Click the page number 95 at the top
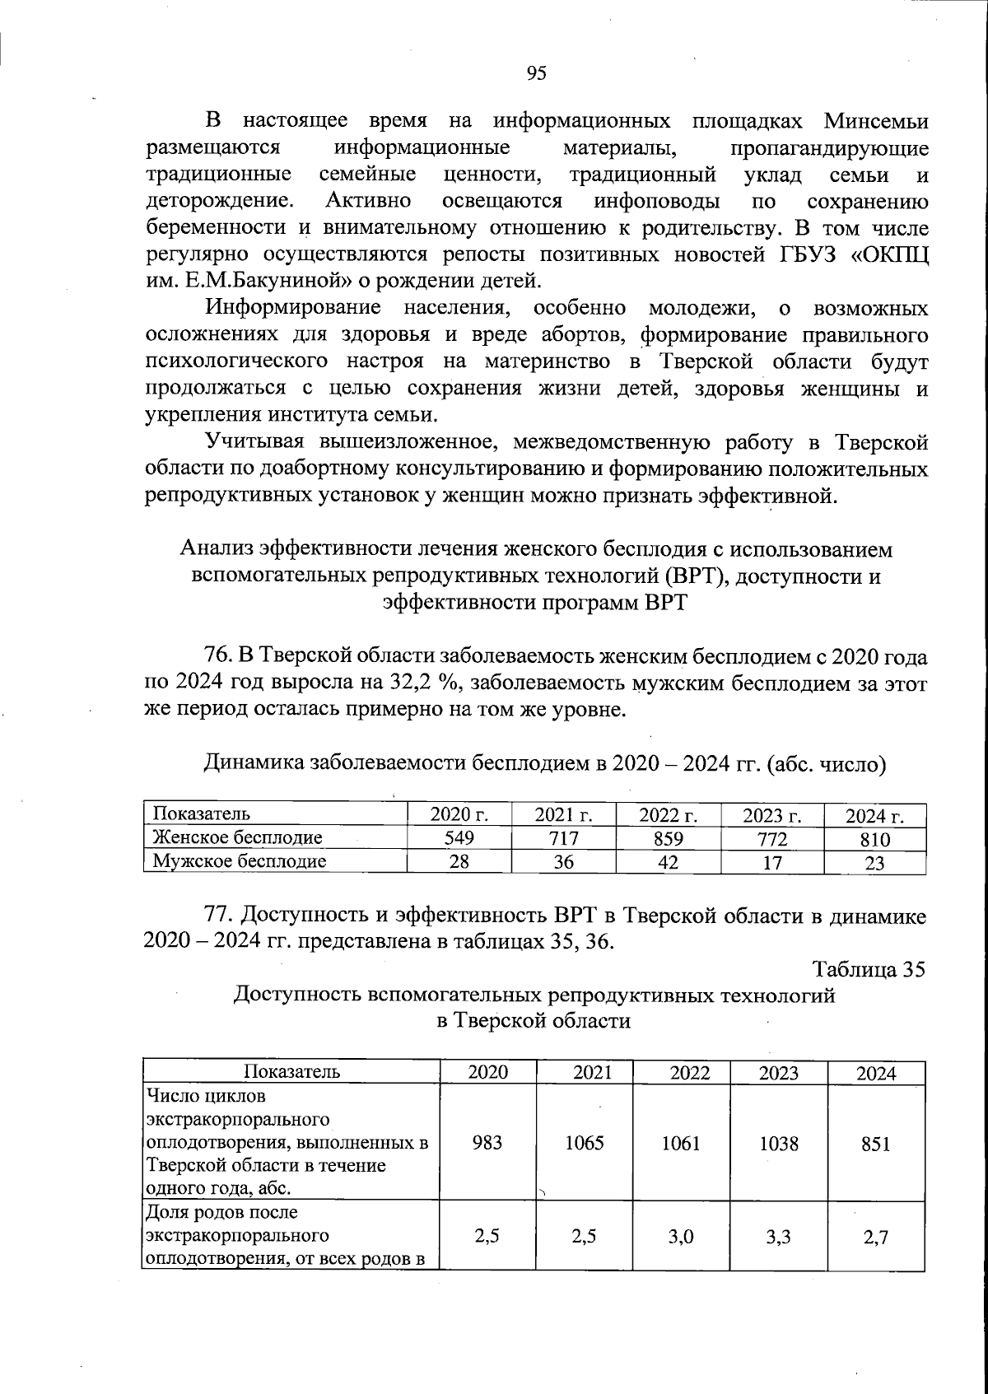(x=536, y=74)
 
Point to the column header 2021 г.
(x=563, y=815)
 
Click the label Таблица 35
(x=869, y=969)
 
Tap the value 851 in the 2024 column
(x=875, y=1144)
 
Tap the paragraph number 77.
(x=220, y=916)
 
